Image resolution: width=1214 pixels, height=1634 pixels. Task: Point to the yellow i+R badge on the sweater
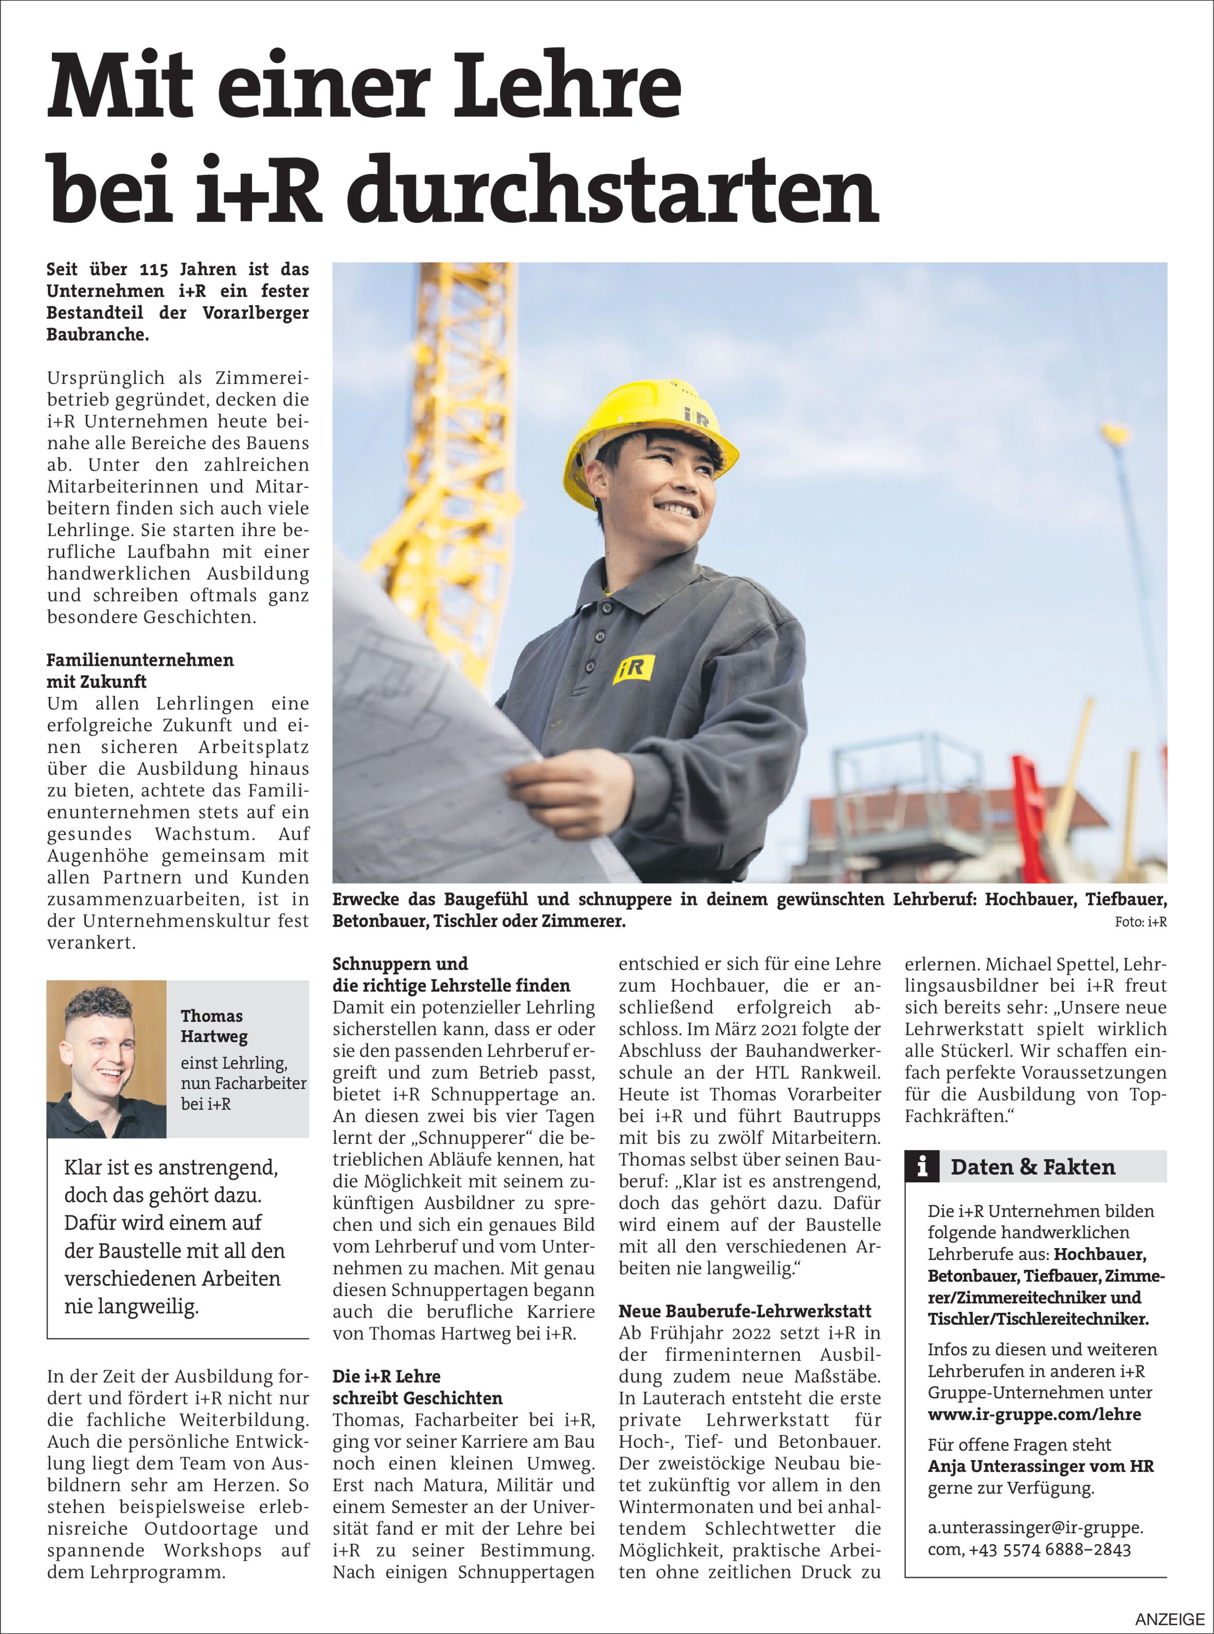(x=633, y=669)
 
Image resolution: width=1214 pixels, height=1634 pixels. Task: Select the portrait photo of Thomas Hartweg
(x=106, y=1058)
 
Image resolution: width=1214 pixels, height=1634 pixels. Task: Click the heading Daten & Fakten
(x=1032, y=1167)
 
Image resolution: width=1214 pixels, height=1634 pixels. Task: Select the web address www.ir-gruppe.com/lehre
(x=1034, y=1414)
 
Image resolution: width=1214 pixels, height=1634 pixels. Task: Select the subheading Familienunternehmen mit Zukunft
(x=139, y=670)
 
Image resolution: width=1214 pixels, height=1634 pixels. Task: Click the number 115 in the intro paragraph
(x=154, y=270)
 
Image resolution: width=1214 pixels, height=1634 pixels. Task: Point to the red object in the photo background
(x=1036, y=816)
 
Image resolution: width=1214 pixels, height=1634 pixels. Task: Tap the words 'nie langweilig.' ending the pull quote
(x=132, y=1307)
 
